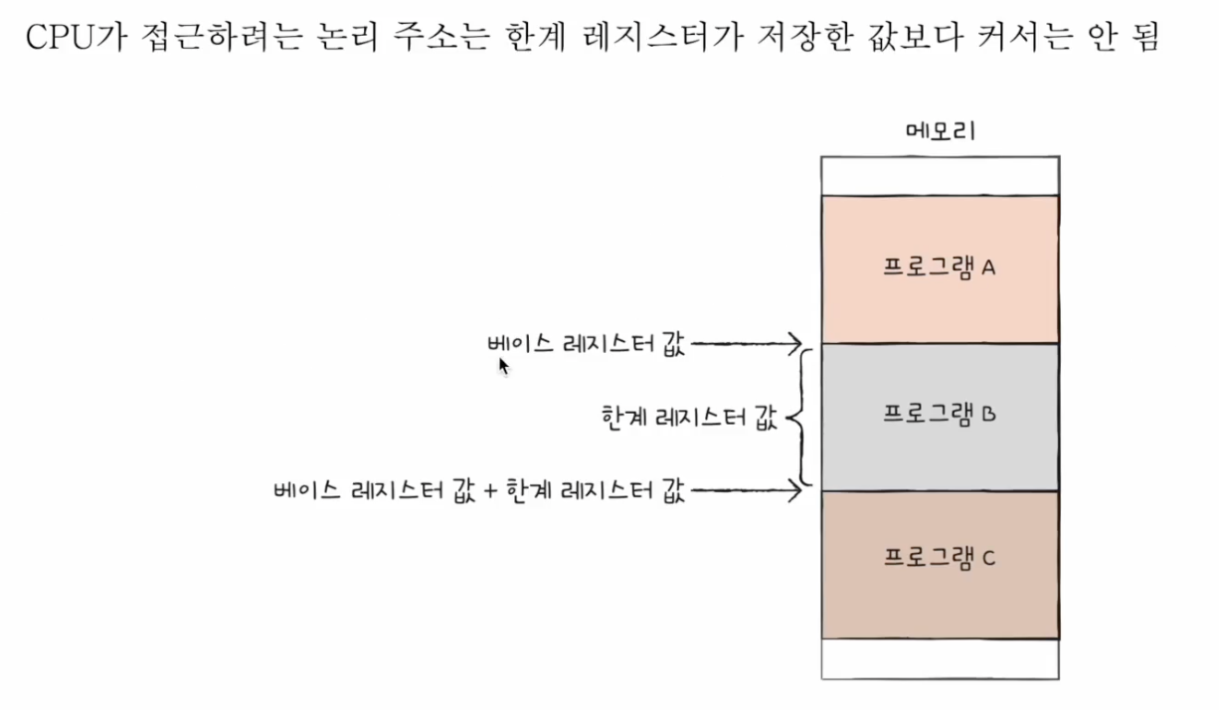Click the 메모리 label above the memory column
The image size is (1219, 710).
(x=940, y=131)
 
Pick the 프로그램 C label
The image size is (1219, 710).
(x=940, y=558)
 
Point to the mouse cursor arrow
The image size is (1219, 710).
(x=503, y=366)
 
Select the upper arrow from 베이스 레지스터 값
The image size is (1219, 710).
(x=746, y=344)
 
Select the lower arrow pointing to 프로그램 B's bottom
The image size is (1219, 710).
(x=746, y=489)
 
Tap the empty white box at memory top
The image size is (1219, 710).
(x=940, y=175)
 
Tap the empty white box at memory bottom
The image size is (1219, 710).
(x=940, y=658)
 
